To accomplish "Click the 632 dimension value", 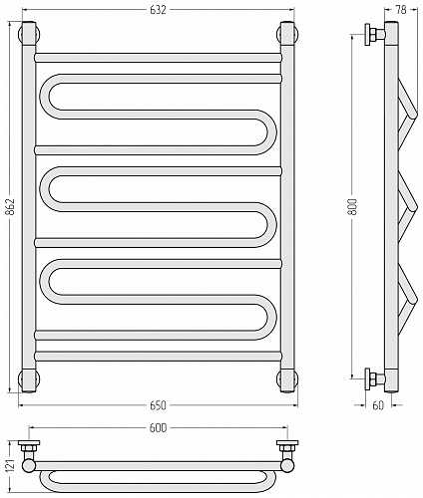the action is tap(158, 10).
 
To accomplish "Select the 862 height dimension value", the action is tap(11, 207).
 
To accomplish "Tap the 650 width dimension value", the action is tap(158, 405).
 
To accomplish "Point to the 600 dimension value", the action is tap(158, 428).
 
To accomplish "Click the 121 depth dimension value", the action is tap(11, 467).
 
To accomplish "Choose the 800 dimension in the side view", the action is tap(353, 207).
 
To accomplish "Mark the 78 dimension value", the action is tap(401, 10).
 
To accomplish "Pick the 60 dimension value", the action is tap(378, 405).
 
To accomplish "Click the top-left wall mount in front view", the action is tap(29, 33).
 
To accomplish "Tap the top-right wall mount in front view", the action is tap(287, 33).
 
